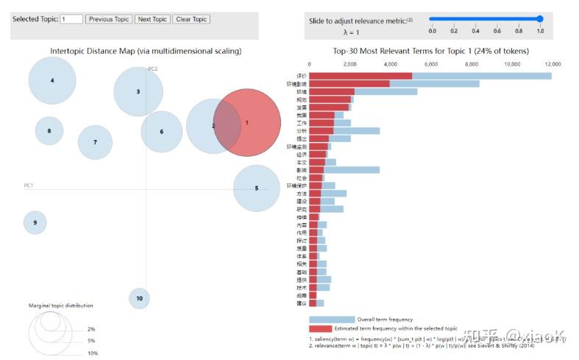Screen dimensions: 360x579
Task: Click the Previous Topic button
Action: pyautogui.click(x=109, y=19)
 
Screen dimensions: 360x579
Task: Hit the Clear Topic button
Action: pyautogui.click(x=191, y=19)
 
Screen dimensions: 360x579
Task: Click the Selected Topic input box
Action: pyautogui.click(x=71, y=19)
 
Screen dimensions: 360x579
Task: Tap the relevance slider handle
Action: pyautogui.click(x=540, y=19)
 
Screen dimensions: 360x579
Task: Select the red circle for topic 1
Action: pyautogui.click(x=247, y=123)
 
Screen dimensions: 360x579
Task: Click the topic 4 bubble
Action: pyautogui.click(x=52, y=80)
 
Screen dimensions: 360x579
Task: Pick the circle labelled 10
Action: pyautogui.click(x=140, y=298)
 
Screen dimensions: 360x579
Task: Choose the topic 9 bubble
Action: pyautogui.click(x=35, y=222)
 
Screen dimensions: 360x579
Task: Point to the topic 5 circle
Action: pyautogui.click(x=257, y=188)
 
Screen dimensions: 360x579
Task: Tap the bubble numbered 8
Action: pyautogui.click(x=49, y=131)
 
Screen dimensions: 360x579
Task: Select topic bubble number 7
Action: pyautogui.click(x=95, y=142)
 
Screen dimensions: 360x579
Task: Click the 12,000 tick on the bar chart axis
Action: pyautogui.click(x=552, y=64)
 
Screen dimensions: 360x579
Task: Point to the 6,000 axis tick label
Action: pyautogui.click(x=431, y=64)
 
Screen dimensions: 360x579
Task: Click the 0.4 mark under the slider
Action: pyautogui.click(x=475, y=31)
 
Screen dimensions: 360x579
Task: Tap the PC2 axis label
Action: pyautogui.click(x=153, y=68)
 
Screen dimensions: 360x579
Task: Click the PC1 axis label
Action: pyautogui.click(x=29, y=185)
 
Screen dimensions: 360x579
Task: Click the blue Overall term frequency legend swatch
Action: pyautogui.click(x=332, y=320)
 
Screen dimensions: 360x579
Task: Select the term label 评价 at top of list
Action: pyautogui.click(x=302, y=76)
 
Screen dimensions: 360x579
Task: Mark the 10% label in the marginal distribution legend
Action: pyautogui.click(x=92, y=353)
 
